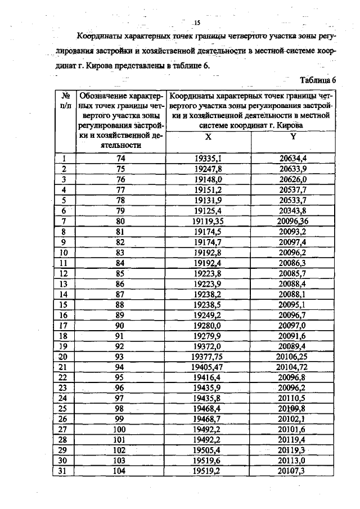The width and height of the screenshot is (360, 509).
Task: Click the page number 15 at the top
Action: [197, 22]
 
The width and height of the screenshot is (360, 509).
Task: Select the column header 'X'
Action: [208, 137]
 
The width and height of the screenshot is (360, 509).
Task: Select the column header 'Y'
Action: [293, 137]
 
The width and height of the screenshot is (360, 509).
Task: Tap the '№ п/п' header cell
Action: [65, 100]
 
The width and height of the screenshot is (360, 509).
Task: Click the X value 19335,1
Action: [208, 159]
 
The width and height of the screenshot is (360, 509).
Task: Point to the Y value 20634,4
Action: [293, 159]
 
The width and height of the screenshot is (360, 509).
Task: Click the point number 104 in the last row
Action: [120, 470]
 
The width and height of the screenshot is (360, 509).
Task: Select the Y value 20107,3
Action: [293, 470]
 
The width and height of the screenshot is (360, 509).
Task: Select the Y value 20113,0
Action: [293, 460]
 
